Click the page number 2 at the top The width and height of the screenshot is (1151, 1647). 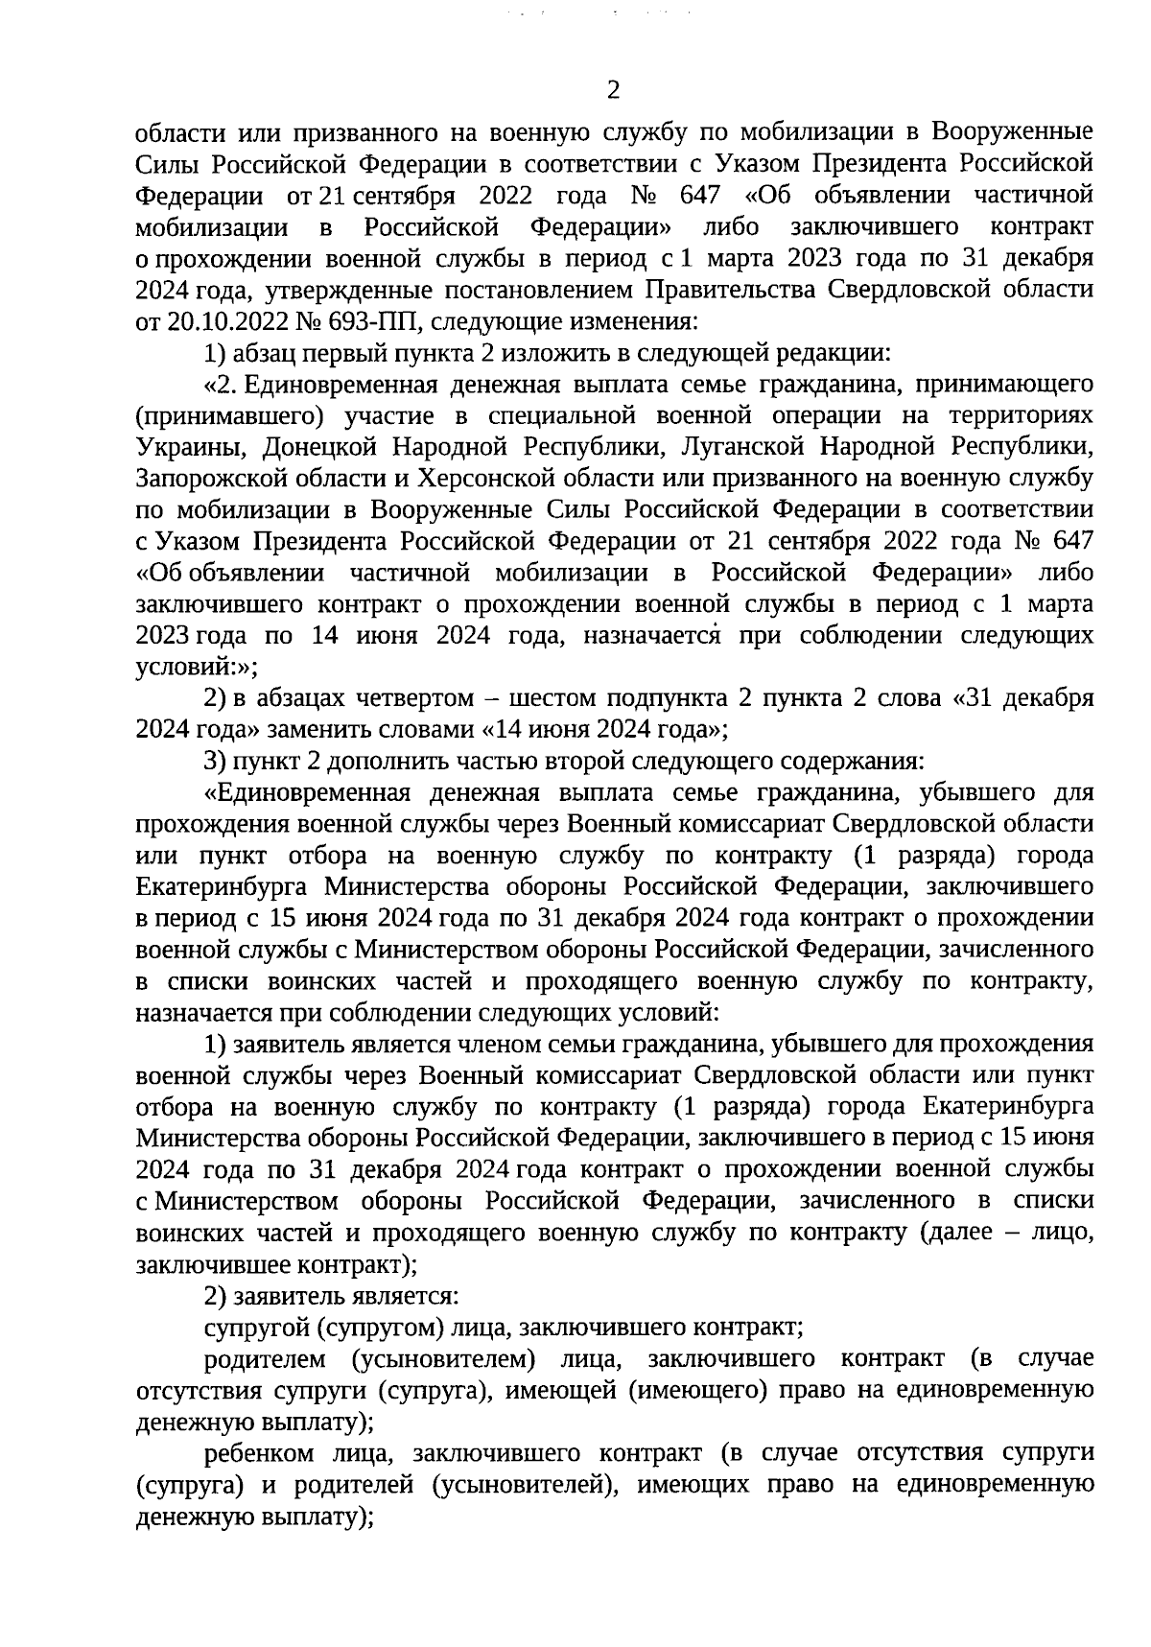point(614,91)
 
